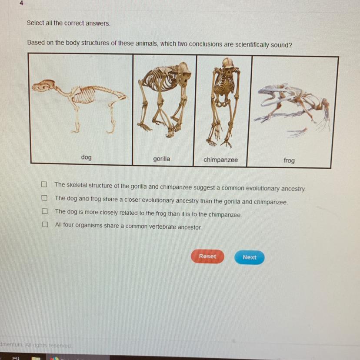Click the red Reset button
pyautogui.click(x=207, y=256)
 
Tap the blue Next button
pyautogui.click(x=249, y=257)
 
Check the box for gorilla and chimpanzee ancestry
pyautogui.click(x=44, y=184)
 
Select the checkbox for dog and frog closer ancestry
pyautogui.click(x=44, y=198)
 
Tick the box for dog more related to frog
pyautogui.click(x=45, y=211)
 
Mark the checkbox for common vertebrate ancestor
pyautogui.click(x=45, y=224)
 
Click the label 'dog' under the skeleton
pyautogui.click(x=87, y=157)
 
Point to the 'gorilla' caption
pyautogui.click(x=162, y=159)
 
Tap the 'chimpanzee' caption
pyautogui.click(x=220, y=160)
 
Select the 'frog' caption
pyautogui.click(x=289, y=160)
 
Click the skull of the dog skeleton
pyautogui.click(x=43, y=85)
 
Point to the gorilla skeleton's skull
pyautogui.click(x=184, y=74)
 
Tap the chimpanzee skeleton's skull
pyautogui.click(x=227, y=65)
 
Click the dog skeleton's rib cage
pyautogui.click(x=84, y=95)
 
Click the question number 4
pyautogui.click(x=21, y=3)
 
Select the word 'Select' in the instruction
pyautogui.click(x=35, y=23)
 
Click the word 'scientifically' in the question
pyautogui.click(x=252, y=45)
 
